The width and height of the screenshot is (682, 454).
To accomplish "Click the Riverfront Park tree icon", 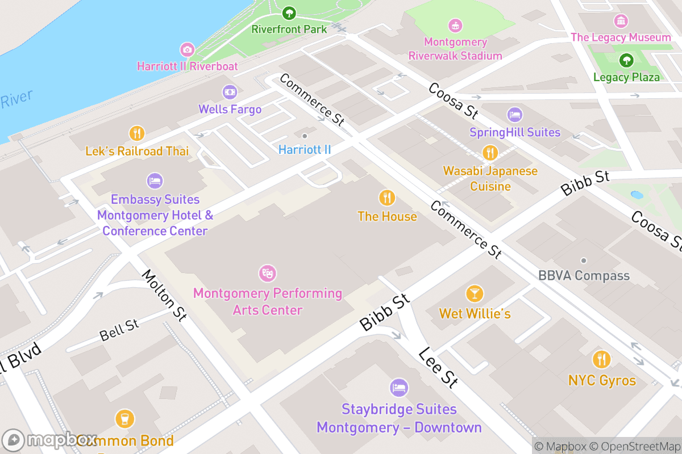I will (x=289, y=12).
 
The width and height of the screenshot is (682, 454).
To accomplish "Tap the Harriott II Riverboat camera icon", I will (x=187, y=49).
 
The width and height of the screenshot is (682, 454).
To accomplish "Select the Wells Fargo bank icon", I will (x=230, y=91).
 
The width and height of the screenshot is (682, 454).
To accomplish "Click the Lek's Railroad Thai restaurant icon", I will (x=136, y=133).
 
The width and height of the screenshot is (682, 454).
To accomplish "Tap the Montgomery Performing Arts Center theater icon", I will (x=267, y=274).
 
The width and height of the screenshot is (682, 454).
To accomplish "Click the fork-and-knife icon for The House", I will (x=387, y=197).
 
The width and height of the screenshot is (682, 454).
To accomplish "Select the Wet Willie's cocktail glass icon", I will (x=474, y=293).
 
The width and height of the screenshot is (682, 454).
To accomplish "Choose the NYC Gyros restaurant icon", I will (x=601, y=360).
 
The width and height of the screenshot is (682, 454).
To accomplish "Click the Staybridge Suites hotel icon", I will (x=399, y=388).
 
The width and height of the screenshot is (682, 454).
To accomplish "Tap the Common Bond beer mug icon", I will (x=124, y=419).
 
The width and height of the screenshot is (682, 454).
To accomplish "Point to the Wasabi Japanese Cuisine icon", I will (x=490, y=152).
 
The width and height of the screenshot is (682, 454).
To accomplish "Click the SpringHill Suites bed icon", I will (x=514, y=115).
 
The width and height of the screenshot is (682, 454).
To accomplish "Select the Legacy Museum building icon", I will (x=621, y=21).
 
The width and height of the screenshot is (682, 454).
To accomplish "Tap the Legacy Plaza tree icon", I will (x=626, y=60).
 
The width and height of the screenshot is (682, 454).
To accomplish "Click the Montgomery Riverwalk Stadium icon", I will (x=455, y=26).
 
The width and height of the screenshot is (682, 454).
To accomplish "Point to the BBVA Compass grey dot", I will (x=583, y=260).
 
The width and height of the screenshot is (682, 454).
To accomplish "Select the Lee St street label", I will (x=438, y=368).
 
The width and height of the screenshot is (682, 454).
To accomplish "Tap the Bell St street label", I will (x=119, y=330).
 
